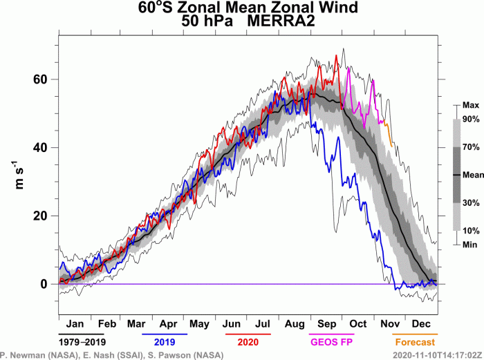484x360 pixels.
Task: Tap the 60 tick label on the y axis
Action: (43, 79)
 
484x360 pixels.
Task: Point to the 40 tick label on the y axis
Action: (43, 147)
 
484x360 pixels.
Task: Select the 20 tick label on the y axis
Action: (43, 216)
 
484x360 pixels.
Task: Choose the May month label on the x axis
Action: (199, 323)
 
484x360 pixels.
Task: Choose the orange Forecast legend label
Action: (416, 342)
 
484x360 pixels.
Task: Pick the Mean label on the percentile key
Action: (473, 175)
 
